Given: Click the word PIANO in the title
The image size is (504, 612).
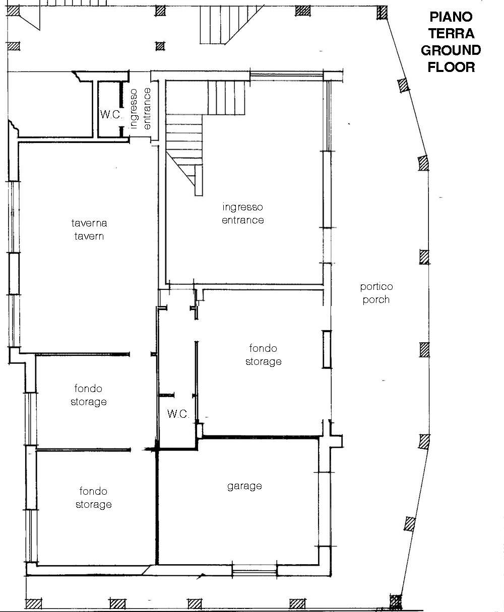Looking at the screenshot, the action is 451,17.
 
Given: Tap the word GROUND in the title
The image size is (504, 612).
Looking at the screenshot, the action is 451,50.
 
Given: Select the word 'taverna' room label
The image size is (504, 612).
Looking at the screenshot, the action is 89,223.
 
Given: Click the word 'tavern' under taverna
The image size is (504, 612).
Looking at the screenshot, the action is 89,236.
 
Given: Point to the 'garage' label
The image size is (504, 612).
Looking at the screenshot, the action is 244,486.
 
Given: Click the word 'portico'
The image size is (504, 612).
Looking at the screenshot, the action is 376,287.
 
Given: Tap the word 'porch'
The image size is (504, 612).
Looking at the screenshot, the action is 376,300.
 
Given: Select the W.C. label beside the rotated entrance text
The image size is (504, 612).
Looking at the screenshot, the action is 111,114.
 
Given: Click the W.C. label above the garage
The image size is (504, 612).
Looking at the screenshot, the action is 178,414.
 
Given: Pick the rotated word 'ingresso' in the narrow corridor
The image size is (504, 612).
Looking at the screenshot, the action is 134,109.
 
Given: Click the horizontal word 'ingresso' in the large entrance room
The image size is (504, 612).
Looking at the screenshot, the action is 243,207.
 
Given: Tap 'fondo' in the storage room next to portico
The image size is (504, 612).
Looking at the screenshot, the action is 263,348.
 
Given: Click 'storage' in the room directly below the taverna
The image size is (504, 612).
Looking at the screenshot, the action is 89,402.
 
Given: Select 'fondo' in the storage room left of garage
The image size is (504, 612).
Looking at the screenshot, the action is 93,491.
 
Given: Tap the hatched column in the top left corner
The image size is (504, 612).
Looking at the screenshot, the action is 13,11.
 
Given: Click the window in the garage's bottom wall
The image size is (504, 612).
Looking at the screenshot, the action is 255,572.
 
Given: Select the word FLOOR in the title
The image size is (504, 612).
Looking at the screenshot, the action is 451,67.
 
